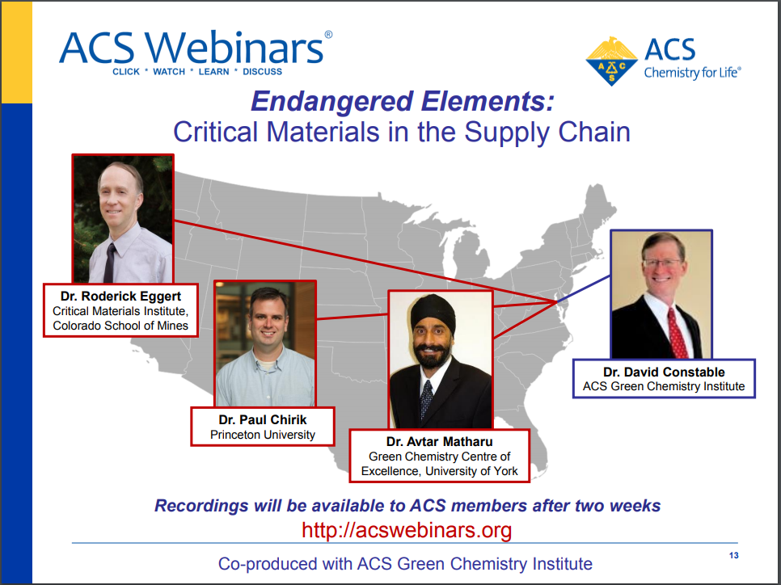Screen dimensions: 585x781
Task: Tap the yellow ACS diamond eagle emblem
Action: tap(612, 61)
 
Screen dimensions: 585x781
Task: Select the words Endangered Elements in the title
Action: tap(402, 101)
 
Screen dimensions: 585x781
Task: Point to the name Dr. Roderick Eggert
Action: tap(120, 296)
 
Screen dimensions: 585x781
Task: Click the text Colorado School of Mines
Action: tap(120, 326)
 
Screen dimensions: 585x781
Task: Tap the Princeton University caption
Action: tap(263, 435)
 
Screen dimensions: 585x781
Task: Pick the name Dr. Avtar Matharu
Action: tap(439, 441)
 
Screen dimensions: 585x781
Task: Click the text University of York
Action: tap(472, 470)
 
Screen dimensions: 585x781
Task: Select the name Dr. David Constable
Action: tap(664, 372)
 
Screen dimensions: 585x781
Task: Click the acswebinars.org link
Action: tap(407, 530)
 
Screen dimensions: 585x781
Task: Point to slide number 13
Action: tap(733, 555)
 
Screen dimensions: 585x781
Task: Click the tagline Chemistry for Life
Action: tap(692, 73)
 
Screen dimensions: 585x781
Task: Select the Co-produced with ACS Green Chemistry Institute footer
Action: tap(405, 563)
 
